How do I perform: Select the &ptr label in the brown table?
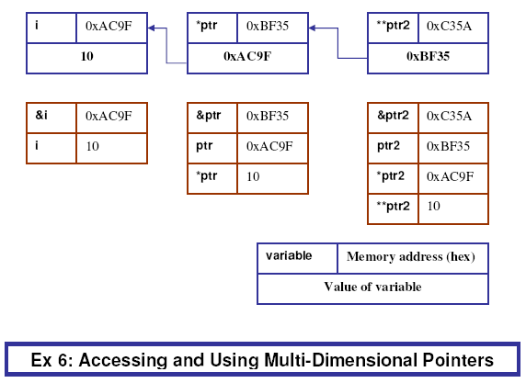(x=209, y=116)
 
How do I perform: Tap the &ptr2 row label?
(x=393, y=116)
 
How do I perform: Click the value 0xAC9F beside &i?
(x=109, y=116)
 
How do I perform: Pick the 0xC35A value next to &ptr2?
(x=449, y=116)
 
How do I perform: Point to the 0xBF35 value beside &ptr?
(x=268, y=116)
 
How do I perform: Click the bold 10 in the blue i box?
(x=86, y=56)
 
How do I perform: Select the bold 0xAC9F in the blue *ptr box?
(x=247, y=56)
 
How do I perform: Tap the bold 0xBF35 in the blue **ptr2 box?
(x=428, y=56)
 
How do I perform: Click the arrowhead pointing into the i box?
(x=151, y=28)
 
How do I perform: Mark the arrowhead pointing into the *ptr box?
(x=312, y=28)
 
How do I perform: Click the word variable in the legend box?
(x=289, y=255)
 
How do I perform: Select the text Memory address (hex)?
(x=411, y=256)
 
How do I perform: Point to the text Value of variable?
(x=372, y=287)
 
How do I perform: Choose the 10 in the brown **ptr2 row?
(x=433, y=206)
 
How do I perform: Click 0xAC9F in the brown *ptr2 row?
(x=450, y=176)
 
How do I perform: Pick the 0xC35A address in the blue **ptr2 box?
(x=449, y=26)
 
